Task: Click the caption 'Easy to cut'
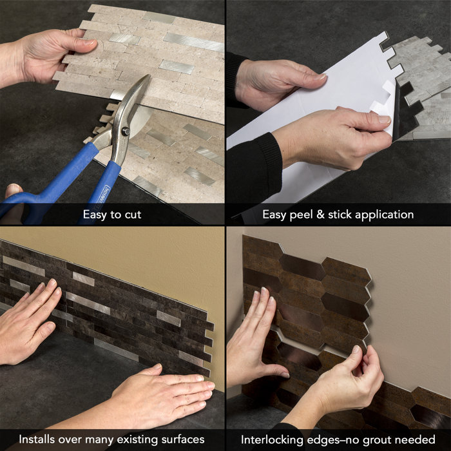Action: [112, 214]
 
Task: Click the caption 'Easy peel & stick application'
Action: [338, 214]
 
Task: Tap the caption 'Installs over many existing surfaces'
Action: [111, 439]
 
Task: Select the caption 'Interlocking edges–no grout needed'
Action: [338, 439]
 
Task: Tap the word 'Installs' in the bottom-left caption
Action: [39, 439]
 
